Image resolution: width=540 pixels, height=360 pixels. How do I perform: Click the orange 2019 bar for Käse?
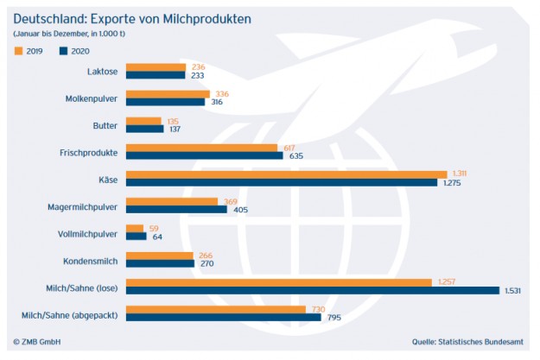pos(285,174)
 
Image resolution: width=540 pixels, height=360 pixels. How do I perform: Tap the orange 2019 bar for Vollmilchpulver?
pos(136,227)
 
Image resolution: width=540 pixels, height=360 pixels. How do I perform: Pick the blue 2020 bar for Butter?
pos(145,129)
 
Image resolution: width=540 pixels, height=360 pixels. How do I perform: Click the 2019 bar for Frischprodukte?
pos(202,148)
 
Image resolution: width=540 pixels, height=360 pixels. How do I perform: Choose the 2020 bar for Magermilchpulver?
pos(176,209)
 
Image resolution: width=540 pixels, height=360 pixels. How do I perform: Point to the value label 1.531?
pos(516,291)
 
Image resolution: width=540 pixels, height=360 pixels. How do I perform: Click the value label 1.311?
pos(458,174)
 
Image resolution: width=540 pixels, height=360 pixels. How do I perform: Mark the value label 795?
pos(334,317)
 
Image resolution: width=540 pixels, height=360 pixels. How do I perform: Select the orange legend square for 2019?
pos(17,51)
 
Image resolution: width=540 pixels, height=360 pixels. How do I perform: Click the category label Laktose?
pos(102,72)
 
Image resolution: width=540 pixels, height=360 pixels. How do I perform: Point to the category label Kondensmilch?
pos(92,260)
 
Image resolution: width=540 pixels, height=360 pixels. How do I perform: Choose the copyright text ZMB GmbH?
pos(38,342)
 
